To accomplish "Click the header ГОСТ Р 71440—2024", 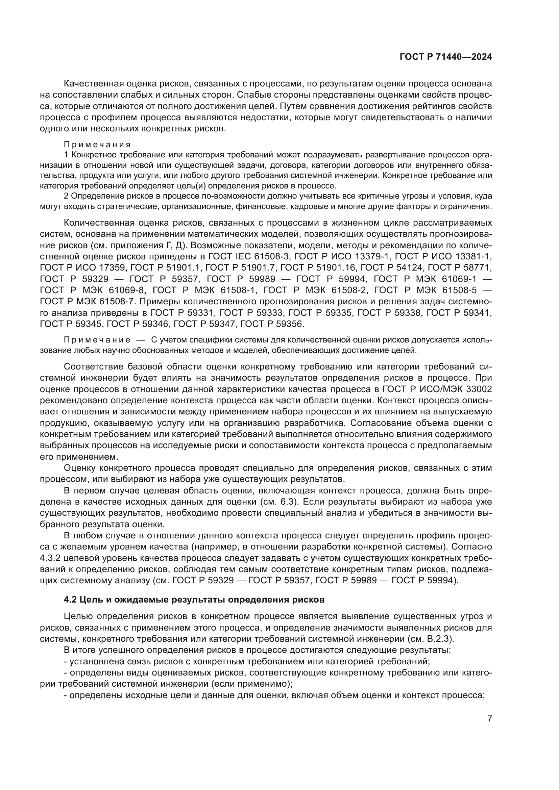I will point(445,57).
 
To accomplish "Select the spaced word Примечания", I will point(97,145).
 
